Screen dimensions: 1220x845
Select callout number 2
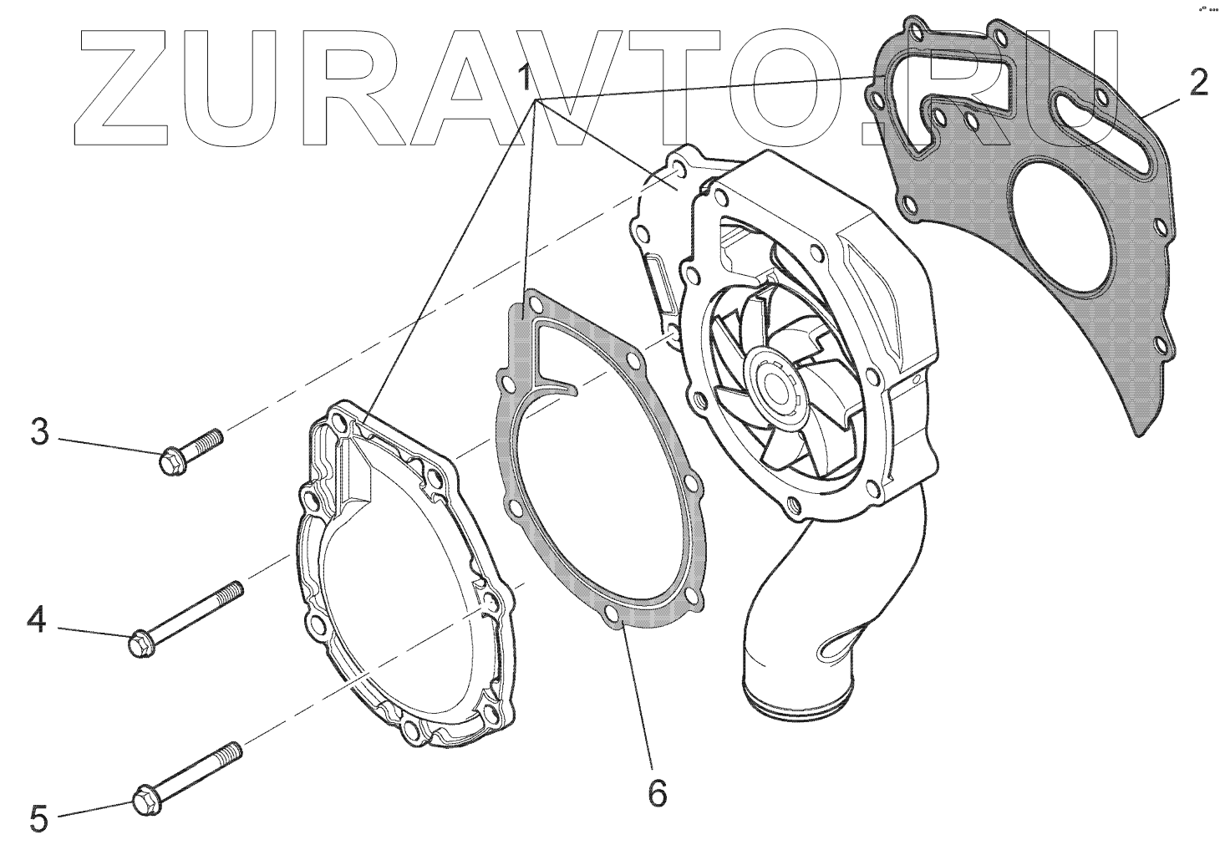(1197, 83)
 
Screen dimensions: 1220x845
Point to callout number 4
(36, 620)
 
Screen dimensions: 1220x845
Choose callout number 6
(658, 792)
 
